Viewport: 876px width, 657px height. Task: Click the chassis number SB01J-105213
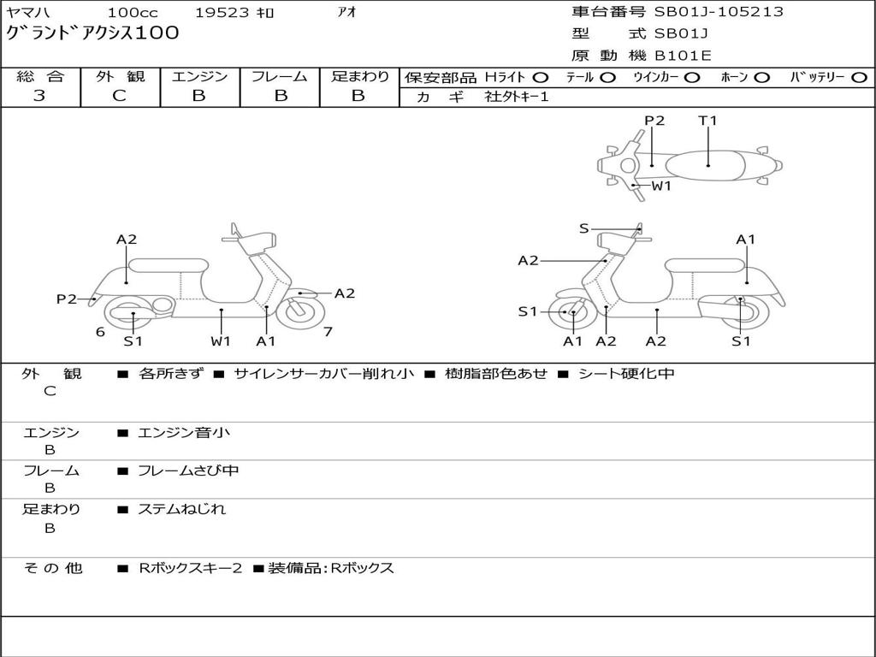click(719, 12)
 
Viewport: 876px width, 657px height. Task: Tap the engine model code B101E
click(684, 56)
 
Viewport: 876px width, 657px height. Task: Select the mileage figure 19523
click(222, 13)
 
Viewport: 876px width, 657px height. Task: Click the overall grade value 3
click(40, 96)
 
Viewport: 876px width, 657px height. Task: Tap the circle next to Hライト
click(541, 78)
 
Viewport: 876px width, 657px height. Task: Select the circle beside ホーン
click(762, 78)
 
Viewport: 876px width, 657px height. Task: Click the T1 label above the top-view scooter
click(707, 121)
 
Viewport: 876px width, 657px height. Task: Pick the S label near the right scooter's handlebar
click(584, 228)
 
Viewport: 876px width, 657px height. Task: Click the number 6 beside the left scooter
click(100, 332)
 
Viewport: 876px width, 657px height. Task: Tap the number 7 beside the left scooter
click(328, 332)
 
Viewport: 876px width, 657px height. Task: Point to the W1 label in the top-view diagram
click(661, 186)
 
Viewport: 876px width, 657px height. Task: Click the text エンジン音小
click(184, 433)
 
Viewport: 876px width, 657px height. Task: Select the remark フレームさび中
click(188, 471)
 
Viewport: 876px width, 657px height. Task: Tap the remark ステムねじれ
click(182, 509)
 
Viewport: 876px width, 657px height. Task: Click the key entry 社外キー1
click(517, 97)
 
